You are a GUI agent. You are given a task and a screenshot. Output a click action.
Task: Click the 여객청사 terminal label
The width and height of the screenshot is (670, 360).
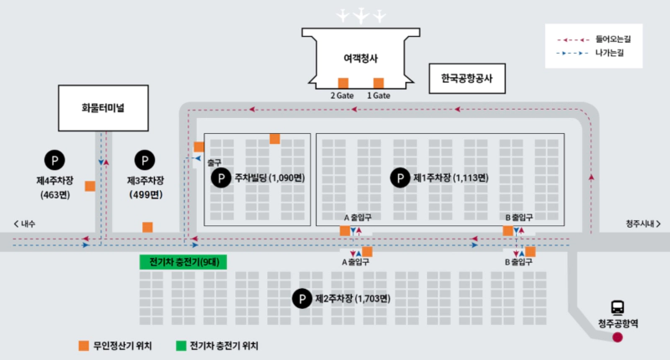point(361,59)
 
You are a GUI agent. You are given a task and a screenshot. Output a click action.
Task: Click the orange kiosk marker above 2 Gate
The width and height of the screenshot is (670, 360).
point(343,83)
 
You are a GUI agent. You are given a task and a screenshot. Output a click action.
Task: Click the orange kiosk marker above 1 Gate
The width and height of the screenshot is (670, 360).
point(379,83)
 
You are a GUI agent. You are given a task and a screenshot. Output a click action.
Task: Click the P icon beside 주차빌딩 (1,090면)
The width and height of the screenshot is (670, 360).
point(220,177)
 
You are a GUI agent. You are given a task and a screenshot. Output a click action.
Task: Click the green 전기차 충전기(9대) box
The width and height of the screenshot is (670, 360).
point(183,261)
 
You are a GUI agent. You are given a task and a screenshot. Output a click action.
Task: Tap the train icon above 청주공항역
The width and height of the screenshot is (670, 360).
point(617,307)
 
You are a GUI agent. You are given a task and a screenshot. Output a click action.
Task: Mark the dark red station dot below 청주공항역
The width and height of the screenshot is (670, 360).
point(618,337)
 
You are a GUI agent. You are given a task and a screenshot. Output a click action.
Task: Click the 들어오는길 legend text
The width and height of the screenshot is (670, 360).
point(614,39)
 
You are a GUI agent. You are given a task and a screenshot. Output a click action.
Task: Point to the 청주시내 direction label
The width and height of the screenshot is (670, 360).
point(642,224)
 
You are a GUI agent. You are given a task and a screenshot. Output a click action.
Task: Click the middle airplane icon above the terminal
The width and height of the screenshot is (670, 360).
point(361,15)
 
